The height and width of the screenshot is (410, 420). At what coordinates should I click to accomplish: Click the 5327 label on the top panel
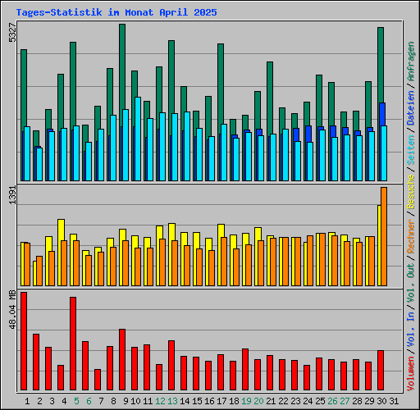click(11, 34)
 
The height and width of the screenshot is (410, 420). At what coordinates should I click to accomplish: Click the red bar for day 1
click(24, 340)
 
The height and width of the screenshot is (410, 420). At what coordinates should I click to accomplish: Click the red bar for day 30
click(381, 370)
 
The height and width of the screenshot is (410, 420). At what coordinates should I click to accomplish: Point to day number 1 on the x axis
click(27, 401)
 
